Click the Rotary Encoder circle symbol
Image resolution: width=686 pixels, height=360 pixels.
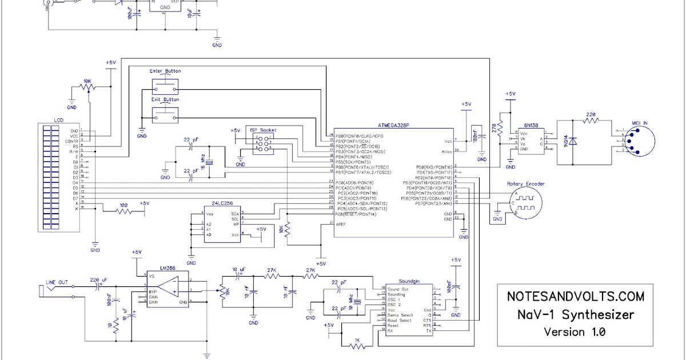(525, 203)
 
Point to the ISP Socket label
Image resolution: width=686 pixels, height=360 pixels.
(262, 130)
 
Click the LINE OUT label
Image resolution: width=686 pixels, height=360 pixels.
(57, 282)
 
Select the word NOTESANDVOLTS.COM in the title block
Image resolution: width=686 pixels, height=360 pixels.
(576, 297)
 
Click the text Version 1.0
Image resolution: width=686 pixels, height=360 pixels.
(576, 331)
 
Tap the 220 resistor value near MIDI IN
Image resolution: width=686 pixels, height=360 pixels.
(591, 114)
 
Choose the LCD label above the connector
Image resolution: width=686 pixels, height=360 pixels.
(58, 120)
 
